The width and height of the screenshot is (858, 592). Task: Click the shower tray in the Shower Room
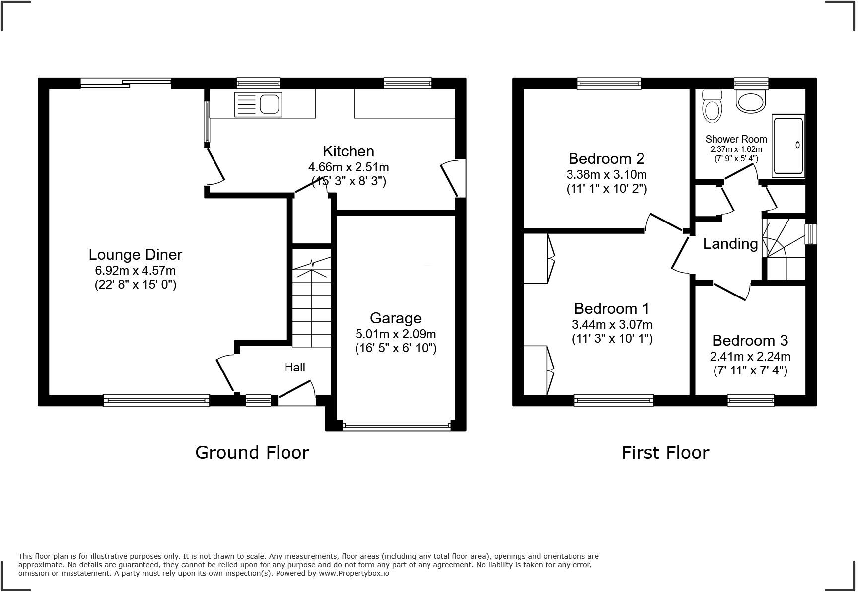(788, 146)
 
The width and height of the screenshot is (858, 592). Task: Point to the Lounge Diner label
(135, 255)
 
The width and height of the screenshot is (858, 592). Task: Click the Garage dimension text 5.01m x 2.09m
(395, 334)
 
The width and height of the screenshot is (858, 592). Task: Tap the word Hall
(294, 368)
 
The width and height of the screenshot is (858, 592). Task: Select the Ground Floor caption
(252, 453)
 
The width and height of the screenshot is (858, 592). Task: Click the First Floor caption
(665, 453)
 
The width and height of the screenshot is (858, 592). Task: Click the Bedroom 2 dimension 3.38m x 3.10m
(606, 175)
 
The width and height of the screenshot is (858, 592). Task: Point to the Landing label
(730, 244)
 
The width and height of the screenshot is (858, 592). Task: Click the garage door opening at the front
(396, 426)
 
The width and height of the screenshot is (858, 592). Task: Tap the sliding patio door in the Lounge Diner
(126, 83)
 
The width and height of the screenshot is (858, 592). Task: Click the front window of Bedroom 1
(614, 400)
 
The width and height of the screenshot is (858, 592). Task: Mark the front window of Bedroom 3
(750, 400)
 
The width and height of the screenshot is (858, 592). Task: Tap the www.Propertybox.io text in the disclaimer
(354, 573)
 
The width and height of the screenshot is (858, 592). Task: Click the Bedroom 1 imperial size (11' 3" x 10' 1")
(612, 339)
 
